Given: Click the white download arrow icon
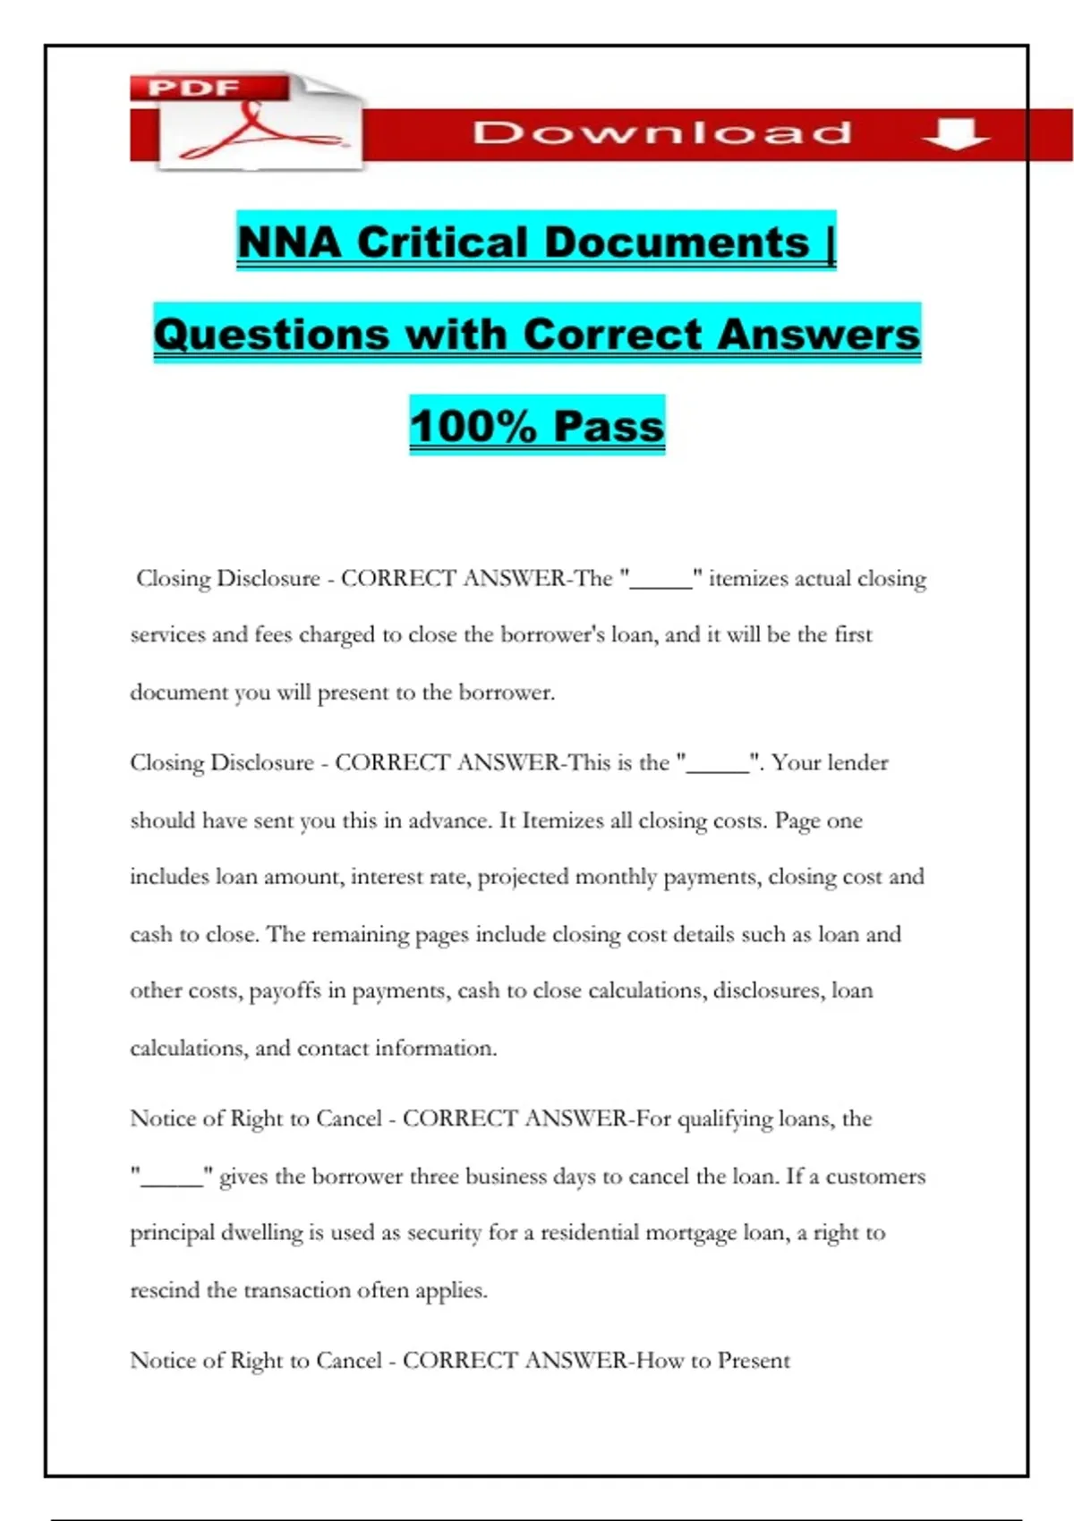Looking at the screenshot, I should point(956,134).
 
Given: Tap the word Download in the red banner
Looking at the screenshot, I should point(662,133).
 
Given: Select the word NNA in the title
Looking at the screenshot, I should point(289,242).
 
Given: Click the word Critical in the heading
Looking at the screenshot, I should point(443,242).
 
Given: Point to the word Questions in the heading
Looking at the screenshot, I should point(271,335).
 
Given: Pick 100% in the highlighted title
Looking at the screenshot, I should point(472,426).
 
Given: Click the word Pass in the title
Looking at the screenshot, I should point(609,426).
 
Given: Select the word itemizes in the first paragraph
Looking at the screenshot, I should point(747,579).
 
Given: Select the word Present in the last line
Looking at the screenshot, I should point(754,1361).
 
